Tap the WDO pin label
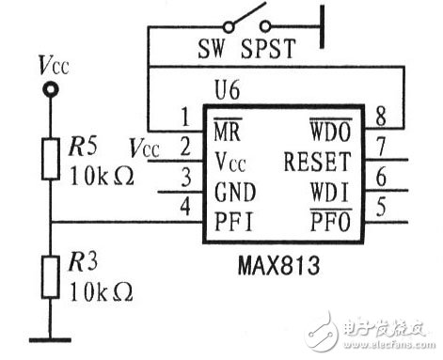pyautogui.click(x=327, y=123)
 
